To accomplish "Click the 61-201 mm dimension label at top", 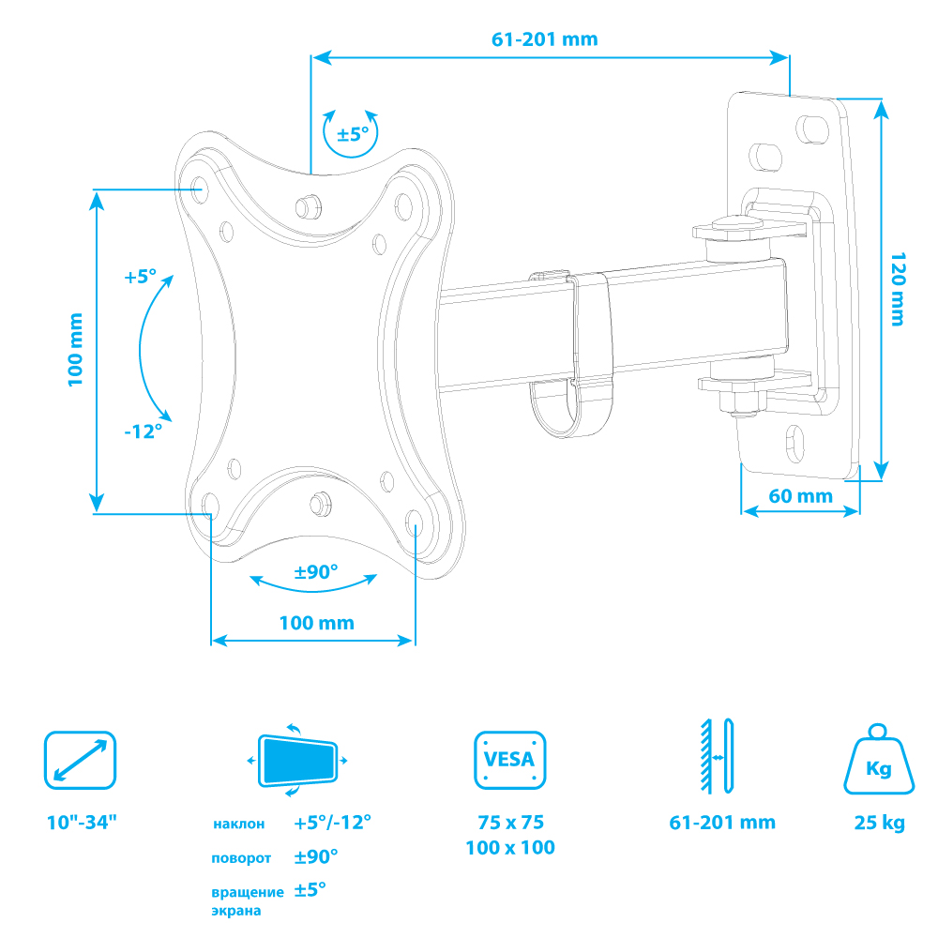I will (544, 39).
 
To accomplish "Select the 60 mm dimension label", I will (801, 495).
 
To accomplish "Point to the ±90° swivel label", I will (316, 571).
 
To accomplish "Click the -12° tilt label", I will (143, 431).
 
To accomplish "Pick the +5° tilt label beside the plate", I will (139, 277).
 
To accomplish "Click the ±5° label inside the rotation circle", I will (353, 133).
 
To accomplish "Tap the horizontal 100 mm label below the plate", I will (316, 622).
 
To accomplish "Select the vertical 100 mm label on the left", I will (76, 349).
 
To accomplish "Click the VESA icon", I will (509, 760).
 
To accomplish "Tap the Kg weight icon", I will (878, 762).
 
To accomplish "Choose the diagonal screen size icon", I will (80, 760).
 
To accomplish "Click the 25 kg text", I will (879, 824).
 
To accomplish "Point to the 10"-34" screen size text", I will (82, 823).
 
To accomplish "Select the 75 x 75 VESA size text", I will (510, 823).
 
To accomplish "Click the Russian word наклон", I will (238, 825).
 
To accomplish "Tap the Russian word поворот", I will (241, 858).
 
